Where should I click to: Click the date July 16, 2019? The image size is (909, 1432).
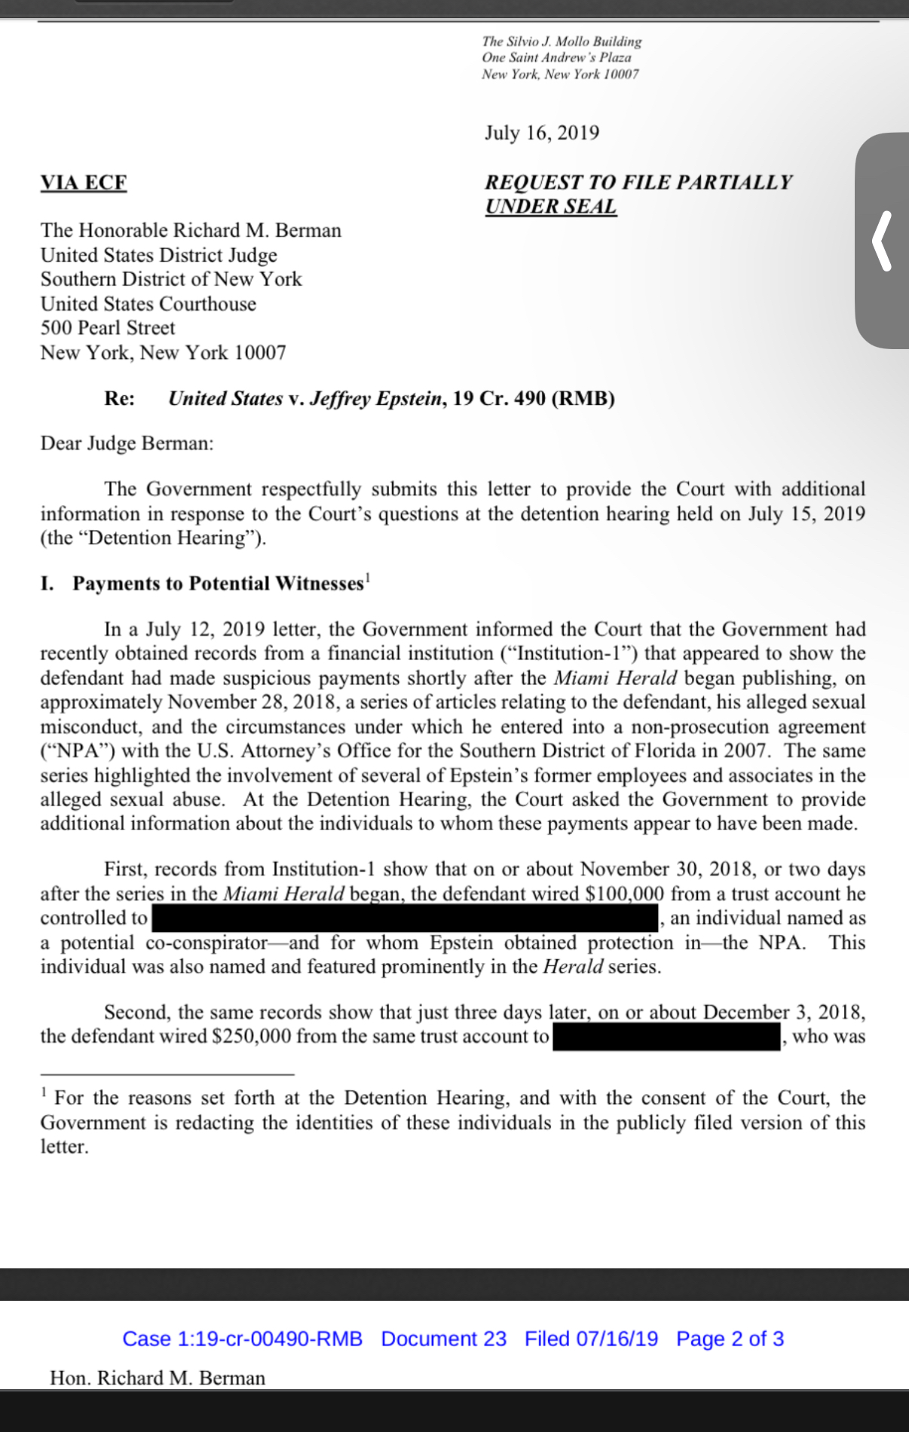pos(542,133)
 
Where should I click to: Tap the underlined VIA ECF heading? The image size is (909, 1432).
pos(84,182)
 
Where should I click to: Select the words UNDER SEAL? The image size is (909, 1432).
pos(550,206)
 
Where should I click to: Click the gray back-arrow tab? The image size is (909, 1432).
pos(883,241)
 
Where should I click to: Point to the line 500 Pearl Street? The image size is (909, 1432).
pos(108,328)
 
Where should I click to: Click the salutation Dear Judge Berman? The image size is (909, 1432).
pos(127,443)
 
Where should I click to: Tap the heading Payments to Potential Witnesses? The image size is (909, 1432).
pos(218,584)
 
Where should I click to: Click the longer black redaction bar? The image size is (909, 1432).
pos(405,918)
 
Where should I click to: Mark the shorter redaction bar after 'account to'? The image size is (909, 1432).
pos(666,1037)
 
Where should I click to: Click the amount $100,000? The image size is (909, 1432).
pos(625,894)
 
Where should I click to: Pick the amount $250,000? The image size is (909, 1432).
pos(251,1037)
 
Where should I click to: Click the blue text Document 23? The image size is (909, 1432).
pos(443,1338)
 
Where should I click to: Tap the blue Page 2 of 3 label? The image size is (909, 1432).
pos(730,1338)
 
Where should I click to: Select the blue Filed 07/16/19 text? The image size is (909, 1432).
pos(591,1338)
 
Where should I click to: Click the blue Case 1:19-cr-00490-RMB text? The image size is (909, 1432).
pos(242,1338)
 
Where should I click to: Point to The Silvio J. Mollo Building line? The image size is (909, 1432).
pos(562,41)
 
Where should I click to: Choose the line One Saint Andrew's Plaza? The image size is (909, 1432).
pos(556,57)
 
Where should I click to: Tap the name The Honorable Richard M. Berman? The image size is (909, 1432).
pos(191,230)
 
